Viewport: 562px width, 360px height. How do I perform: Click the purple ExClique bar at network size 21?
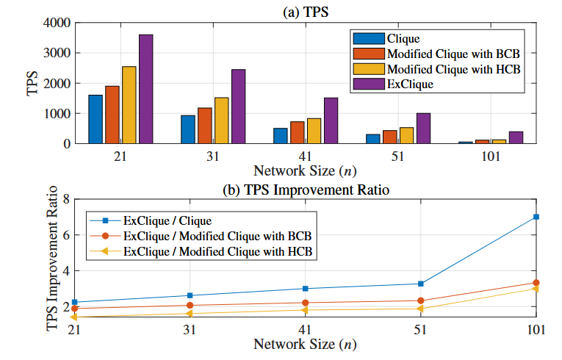(x=145, y=89)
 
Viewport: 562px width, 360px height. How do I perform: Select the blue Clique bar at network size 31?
(x=188, y=129)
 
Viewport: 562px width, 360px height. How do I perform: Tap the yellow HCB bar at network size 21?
(x=129, y=105)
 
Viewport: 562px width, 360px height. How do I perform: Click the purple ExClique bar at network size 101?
(x=516, y=137)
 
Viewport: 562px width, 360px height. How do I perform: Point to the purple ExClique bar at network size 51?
(x=423, y=129)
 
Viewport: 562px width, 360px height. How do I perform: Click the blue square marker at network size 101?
(x=536, y=217)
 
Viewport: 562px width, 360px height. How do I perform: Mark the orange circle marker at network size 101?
(x=536, y=283)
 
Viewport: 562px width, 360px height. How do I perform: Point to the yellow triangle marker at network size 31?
(x=190, y=314)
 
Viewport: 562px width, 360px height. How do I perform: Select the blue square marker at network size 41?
(x=305, y=289)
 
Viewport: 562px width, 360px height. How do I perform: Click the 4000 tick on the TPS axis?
(x=56, y=23)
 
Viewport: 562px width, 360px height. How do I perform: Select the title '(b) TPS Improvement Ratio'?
(x=305, y=190)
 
